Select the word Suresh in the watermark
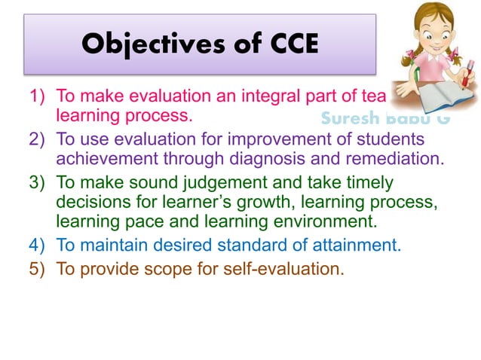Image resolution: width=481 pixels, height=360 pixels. click(x=348, y=119)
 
